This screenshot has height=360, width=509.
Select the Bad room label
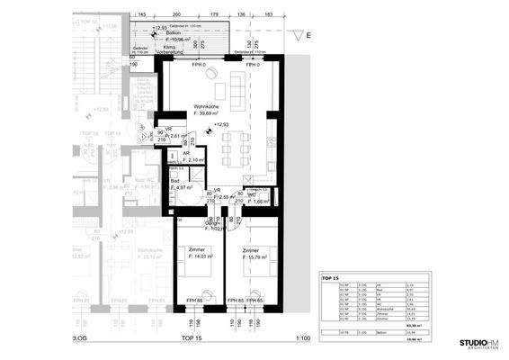coord(174,182)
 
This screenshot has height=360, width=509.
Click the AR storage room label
coord(187,154)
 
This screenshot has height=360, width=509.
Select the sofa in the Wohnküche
coord(238,87)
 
